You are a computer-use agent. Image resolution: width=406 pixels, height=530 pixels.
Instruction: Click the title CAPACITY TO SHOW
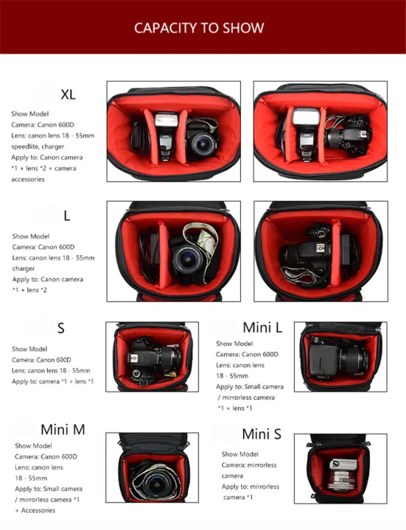pos(199,28)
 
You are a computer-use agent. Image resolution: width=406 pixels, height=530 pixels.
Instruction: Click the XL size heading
pos(68,94)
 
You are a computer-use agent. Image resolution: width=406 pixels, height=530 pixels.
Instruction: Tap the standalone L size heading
pos(66,216)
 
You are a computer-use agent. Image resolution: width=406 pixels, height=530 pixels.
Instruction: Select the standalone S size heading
pos(61,328)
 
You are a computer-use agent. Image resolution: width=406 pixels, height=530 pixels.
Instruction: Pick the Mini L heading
pos(262,327)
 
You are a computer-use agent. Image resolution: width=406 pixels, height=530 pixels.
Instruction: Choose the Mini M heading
pos(63,429)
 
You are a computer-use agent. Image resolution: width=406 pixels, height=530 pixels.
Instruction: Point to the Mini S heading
pos(262,434)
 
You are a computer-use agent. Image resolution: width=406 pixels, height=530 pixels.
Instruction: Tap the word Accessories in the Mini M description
pos(37,510)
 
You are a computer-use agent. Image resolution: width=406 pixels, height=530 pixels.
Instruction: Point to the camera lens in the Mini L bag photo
pos(353,361)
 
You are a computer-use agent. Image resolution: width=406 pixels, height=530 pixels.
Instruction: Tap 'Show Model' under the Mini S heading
pos(239,454)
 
